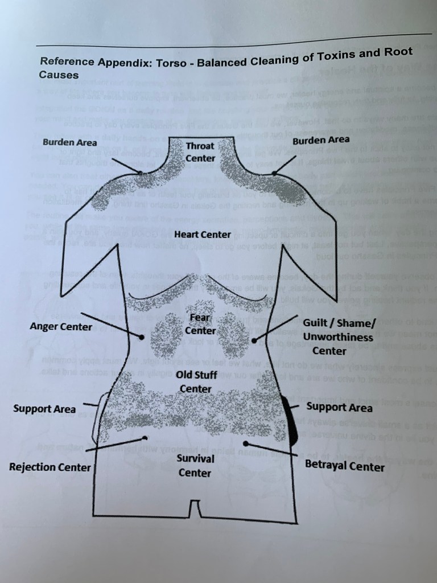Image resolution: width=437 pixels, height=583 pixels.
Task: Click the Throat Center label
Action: coord(200,152)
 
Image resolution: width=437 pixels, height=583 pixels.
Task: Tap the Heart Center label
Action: coord(203,234)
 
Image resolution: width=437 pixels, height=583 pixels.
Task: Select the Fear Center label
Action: coord(200,324)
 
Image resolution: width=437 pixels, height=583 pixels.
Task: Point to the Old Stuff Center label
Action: coord(195,381)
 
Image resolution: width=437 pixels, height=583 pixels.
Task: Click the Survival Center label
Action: coord(195,465)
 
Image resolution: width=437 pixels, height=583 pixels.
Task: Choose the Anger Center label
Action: coord(60,327)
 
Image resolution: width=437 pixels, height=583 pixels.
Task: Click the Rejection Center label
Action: coord(50,467)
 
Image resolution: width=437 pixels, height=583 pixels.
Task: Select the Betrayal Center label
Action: coord(345,466)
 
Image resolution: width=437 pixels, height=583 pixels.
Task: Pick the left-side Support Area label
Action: coord(44,409)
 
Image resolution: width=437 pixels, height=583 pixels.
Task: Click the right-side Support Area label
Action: coord(340,407)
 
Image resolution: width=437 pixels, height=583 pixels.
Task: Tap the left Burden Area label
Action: coord(69,142)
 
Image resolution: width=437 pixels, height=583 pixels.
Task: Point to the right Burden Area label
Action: coord(321,139)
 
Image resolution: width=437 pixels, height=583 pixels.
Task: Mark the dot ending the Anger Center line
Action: coord(142,337)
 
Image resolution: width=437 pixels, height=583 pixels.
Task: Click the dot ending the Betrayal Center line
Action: coord(246,443)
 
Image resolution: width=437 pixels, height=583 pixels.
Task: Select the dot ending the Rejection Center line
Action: coord(146,438)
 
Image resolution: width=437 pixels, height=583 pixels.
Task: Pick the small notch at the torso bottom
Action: coord(195,508)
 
